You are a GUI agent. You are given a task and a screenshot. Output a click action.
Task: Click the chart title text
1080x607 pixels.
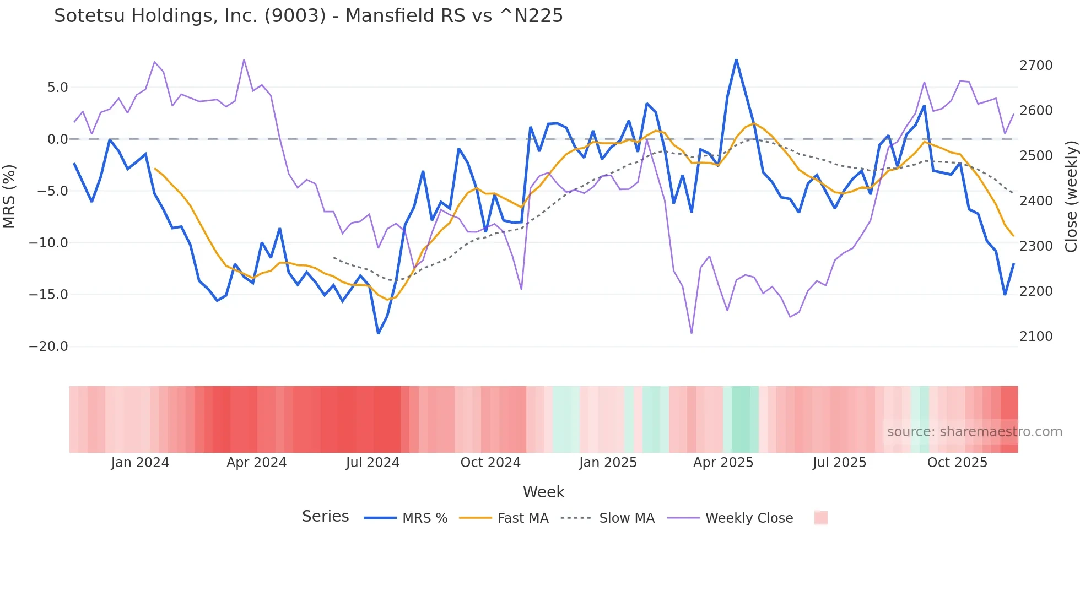coord(309,16)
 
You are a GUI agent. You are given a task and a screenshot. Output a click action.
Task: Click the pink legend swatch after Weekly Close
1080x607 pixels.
coord(820,518)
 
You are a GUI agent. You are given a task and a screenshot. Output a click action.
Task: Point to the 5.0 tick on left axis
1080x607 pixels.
coord(57,88)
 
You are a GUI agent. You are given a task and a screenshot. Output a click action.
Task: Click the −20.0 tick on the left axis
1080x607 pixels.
coord(48,346)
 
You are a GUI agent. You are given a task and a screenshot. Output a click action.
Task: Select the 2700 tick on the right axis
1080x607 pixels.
coord(1035,66)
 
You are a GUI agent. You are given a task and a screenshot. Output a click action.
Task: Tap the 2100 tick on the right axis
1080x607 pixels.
coord(1035,337)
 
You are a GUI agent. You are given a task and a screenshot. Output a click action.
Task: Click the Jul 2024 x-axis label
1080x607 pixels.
coord(372,463)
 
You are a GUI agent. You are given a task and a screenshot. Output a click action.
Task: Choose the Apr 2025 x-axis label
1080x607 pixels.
coord(723,463)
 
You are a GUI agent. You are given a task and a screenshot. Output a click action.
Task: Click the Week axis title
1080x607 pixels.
coord(543,492)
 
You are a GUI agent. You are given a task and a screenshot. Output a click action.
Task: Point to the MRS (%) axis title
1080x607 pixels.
coord(9,197)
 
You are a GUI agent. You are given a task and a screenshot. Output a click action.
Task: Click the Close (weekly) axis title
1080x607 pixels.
coord(1071,197)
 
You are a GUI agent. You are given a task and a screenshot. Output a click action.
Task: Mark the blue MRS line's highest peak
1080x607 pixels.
coord(736,59)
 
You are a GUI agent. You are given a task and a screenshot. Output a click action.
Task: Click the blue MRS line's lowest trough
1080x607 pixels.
coord(378,333)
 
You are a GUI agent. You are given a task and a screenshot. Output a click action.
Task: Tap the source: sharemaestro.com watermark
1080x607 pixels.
coord(974,432)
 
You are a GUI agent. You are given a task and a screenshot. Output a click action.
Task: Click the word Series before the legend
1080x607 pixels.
coord(325,517)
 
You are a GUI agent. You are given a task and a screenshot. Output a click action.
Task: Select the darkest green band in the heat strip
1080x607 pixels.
coord(744,419)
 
